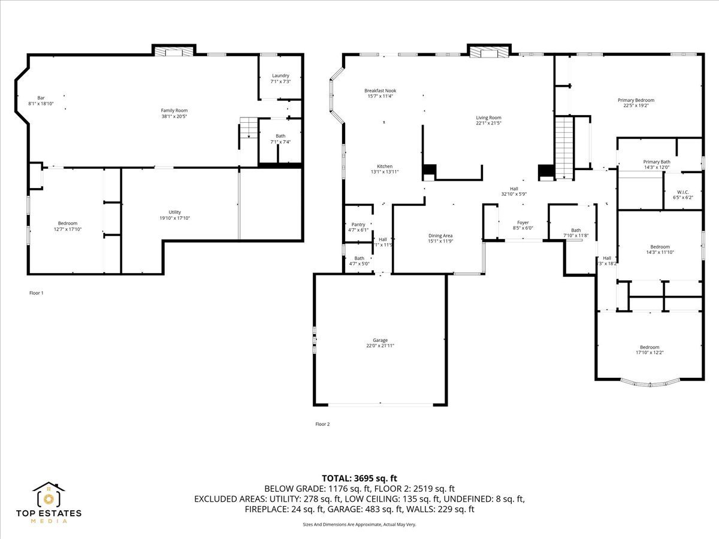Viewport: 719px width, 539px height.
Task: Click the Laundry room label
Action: (x=280, y=75)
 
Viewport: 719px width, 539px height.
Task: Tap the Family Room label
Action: (x=174, y=110)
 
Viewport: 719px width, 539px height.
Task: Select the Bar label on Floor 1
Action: (x=41, y=98)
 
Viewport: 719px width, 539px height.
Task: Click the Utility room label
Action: (x=174, y=212)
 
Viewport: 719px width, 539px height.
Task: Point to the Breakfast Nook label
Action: (x=380, y=90)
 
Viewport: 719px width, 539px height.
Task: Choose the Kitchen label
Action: (x=384, y=166)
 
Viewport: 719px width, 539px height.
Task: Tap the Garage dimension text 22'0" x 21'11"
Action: (x=380, y=346)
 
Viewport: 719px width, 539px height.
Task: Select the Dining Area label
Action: (x=440, y=235)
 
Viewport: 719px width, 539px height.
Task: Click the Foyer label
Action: (x=522, y=222)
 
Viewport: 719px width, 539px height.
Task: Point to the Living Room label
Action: (x=488, y=117)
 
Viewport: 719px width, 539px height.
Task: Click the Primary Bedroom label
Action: (x=636, y=100)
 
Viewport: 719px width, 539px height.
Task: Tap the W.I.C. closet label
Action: (x=682, y=192)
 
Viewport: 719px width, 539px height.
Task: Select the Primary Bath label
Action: (x=657, y=162)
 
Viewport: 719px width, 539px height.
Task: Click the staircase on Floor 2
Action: (x=564, y=147)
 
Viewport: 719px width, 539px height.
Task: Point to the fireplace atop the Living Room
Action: (x=488, y=52)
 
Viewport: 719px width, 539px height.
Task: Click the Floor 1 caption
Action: (x=37, y=293)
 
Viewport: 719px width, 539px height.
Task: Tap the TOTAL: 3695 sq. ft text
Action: (x=359, y=478)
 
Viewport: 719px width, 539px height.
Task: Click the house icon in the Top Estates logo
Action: (x=49, y=496)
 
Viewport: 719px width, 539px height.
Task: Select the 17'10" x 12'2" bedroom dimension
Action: (x=649, y=352)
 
